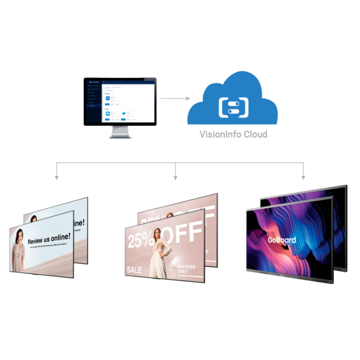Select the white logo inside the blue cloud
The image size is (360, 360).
point(234,105)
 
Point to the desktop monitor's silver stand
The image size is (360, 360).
point(120,132)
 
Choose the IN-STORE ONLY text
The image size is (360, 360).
point(187,269)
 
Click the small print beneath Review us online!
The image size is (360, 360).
point(50,247)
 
